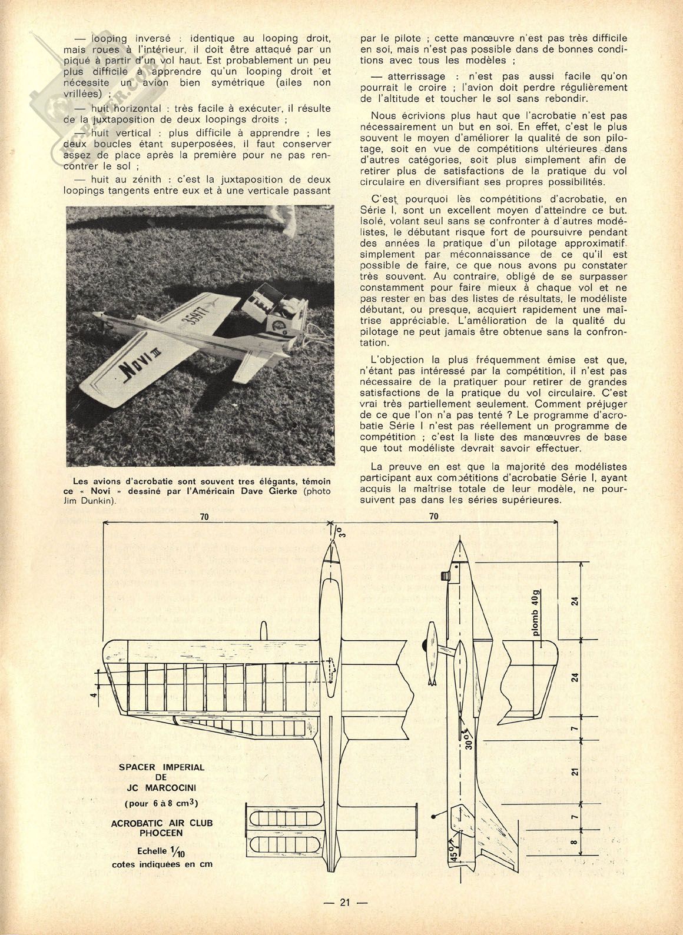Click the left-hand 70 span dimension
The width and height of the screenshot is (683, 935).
(x=204, y=517)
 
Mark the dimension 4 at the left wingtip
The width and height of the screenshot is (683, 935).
(x=92, y=695)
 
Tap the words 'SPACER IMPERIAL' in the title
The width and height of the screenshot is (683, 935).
(x=162, y=767)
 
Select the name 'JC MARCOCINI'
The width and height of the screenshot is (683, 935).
(x=162, y=787)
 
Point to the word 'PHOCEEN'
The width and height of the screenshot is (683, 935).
(x=162, y=833)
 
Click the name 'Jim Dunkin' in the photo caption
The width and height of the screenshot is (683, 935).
(x=89, y=501)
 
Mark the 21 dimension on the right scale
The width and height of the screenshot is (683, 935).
(x=576, y=770)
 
